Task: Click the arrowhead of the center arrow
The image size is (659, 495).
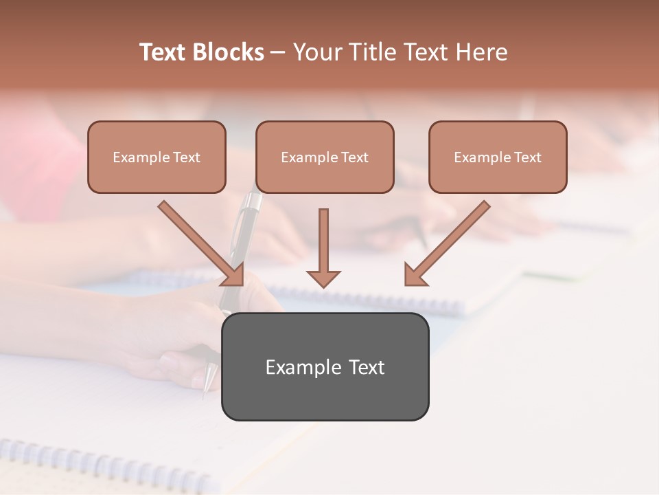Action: [x=323, y=278]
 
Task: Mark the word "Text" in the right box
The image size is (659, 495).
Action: [x=527, y=157]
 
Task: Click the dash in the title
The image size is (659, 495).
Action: [x=279, y=52]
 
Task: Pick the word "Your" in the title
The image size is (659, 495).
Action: [x=314, y=52]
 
